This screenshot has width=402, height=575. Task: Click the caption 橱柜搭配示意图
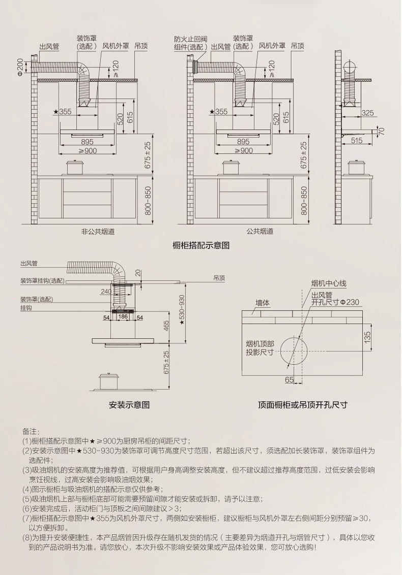tap(202, 245)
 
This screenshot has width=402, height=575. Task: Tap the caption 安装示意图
tap(129, 405)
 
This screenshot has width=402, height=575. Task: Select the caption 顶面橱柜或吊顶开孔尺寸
tap(302, 405)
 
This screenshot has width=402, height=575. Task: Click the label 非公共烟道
tap(98, 231)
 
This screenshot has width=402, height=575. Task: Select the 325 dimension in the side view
tap(367, 113)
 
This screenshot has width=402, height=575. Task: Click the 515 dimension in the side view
tap(357, 141)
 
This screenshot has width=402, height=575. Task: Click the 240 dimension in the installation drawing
tap(106, 291)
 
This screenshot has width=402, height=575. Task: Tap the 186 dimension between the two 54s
tap(123, 316)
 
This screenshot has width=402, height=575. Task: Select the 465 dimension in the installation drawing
tap(166, 326)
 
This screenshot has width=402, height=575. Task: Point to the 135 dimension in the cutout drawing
tap(367, 337)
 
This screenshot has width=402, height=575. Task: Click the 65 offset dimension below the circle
tap(289, 379)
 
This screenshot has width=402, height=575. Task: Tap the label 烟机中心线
tap(329, 283)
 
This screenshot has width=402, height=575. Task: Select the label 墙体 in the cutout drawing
tap(263, 303)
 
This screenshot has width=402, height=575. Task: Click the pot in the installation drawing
tap(109, 380)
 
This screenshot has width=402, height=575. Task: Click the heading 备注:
tap(31, 431)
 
